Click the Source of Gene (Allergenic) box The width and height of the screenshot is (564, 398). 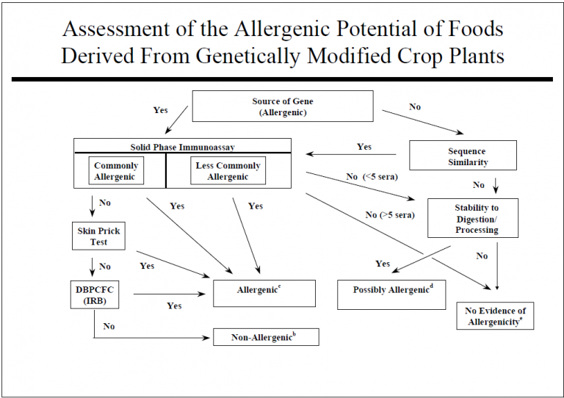tap(283, 106)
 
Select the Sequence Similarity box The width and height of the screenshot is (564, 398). tap(463, 156)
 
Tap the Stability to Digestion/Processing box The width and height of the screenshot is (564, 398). tap(473, 218)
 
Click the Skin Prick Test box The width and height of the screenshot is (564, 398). tap(98, 236)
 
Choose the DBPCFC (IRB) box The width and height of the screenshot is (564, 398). tap(95, 294)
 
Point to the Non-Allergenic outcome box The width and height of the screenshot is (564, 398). tap(266, 337)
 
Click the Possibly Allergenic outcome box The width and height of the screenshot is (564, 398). tap(391, 294)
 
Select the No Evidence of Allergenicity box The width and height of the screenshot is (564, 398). tap(495, 316)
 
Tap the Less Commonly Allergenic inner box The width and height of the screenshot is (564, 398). tap(228, 171)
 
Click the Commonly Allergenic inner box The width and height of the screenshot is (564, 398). tap(116, 171)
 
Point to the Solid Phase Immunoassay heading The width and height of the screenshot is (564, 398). tap(182, 147)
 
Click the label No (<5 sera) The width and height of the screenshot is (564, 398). tap(372, 176)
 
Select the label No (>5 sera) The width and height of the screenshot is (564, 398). tap(390, 215)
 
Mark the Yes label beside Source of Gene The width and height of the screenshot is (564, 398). tap(160, 110)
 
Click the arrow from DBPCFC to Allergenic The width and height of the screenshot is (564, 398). tap(170, 294)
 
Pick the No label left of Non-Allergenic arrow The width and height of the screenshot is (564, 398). tap(109, 326)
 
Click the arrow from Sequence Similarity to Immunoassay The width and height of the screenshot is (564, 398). tap(351, 154)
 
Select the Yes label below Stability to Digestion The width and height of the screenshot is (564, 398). tap(383, 264)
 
